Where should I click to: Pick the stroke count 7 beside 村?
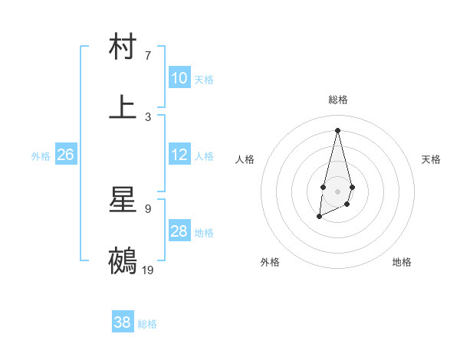148,55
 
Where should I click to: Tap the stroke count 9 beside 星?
148,208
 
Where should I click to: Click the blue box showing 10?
179,78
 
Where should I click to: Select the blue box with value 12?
179,155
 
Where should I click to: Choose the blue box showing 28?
179,231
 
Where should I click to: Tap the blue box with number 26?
65,155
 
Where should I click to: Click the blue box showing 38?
123,322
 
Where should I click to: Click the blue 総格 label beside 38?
147,324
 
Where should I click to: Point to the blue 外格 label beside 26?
41,156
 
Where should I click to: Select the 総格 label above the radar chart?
337,100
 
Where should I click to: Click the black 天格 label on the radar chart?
431,159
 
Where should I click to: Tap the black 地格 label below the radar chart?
402,262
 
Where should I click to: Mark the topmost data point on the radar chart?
337,129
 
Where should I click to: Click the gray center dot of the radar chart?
337,190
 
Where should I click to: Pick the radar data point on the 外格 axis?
319,218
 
